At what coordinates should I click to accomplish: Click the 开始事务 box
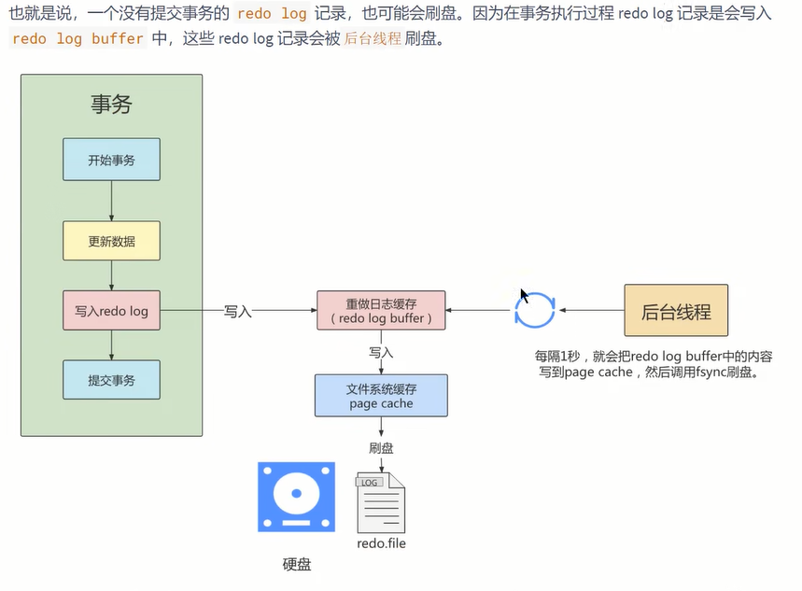(111, 160)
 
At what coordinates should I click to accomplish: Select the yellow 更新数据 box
(111, 241)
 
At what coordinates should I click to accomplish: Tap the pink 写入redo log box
(111, 310)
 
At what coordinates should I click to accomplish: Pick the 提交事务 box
(111, 380)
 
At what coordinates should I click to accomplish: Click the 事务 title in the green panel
(111, 105)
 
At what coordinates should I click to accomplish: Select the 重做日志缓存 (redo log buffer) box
(381, 310)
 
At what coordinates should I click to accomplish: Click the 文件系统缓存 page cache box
(381, 395)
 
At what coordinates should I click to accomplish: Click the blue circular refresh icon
(535, 311)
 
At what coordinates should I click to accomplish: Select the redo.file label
(381, 543)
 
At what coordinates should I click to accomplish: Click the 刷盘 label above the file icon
(381, 448)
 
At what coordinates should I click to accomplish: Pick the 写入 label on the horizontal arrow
(238, 311)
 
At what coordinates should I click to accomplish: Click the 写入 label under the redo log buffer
(381, 353)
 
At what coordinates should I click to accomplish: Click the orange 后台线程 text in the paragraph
(373, 39)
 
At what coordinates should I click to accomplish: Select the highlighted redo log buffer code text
(78, 39)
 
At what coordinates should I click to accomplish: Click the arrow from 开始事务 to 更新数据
(111, 201)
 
